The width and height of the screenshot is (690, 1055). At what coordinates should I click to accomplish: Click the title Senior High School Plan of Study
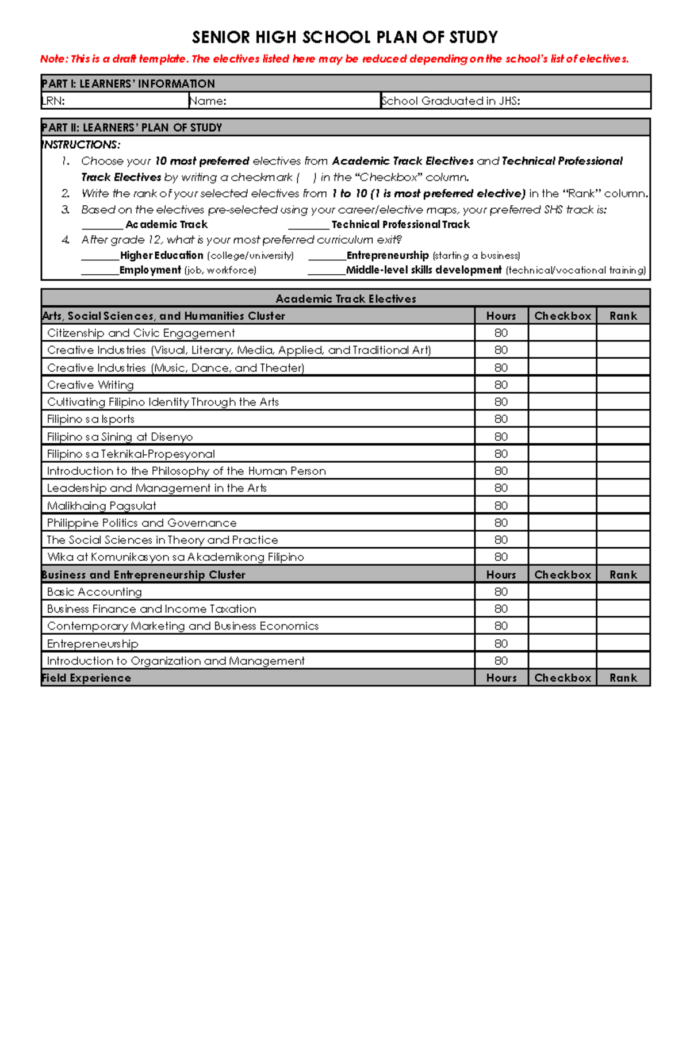344,37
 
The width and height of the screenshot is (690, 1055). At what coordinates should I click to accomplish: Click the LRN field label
53,101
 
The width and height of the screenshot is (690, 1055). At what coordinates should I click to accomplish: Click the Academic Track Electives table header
346,298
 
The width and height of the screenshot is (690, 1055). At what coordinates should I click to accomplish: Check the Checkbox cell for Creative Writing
562,385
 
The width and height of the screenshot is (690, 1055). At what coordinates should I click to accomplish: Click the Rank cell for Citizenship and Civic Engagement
623,333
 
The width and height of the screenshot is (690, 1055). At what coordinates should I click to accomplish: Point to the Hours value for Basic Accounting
501,592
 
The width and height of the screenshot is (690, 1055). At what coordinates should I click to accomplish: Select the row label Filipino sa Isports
91,419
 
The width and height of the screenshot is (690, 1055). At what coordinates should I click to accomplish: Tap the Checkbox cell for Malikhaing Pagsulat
562,505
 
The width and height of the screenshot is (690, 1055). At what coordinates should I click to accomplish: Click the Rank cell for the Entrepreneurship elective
623,643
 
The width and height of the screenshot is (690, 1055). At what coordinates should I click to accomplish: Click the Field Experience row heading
86,678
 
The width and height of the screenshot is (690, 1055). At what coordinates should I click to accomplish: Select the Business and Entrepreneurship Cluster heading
143,574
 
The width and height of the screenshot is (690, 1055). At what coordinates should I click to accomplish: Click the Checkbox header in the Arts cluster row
562,316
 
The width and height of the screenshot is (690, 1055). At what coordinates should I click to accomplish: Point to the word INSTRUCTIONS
81,145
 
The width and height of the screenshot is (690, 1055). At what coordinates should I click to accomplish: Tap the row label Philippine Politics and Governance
141,523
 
